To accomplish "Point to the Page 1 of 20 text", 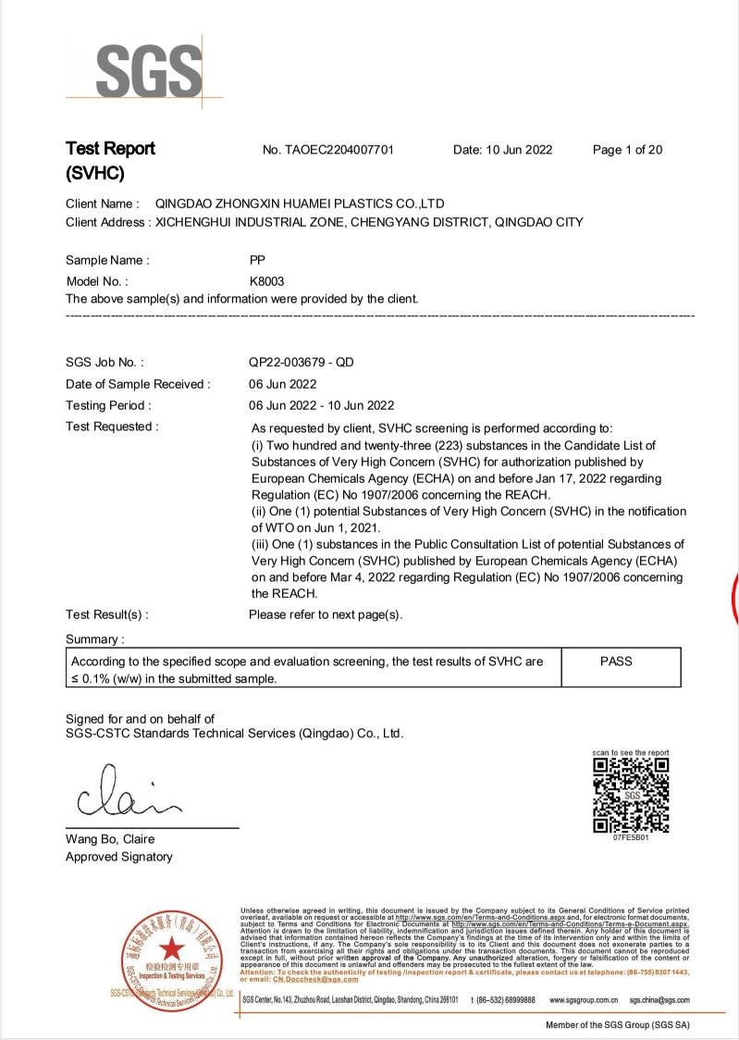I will [627, 150].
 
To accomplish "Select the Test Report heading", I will [110, 149].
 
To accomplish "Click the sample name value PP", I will [258, 260].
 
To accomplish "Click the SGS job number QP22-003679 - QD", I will [302, 363].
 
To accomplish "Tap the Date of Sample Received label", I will [138, 384].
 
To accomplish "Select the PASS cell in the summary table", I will [616, 662].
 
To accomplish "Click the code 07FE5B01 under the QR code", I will [630, 837].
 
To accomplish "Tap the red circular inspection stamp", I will [170, 949].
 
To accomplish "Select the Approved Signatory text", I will [118, 857].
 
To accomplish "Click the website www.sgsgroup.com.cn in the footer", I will [584, 1000].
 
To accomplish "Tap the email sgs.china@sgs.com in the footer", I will [659, 1000].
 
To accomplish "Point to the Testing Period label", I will [108, 405].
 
